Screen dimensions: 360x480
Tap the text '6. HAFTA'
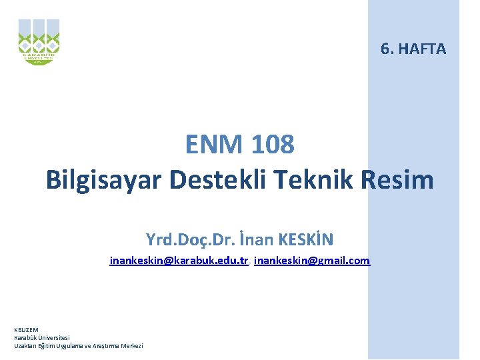pos(413,49)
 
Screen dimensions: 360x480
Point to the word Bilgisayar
pos(103,179)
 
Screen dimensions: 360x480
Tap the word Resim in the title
pos(401,179)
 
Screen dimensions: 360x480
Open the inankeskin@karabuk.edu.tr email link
pos(179,261)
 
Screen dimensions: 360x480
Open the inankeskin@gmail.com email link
pos(312,261)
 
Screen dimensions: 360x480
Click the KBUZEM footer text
pos(27,329)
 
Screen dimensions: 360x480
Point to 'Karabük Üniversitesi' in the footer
pos(42,337)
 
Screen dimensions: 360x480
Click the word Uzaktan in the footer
pos(25,345)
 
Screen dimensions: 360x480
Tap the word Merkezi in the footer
pos(129,345)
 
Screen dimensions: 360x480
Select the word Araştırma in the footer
pos(101,345)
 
